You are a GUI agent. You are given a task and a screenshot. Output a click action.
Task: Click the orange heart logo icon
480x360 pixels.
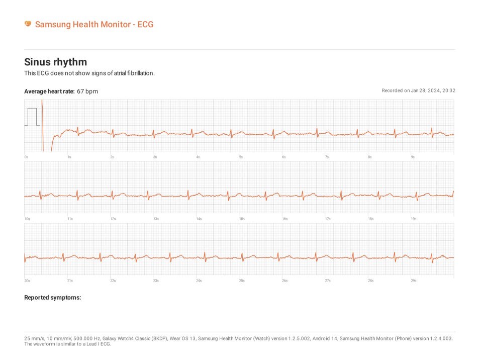click(x=28, y=24)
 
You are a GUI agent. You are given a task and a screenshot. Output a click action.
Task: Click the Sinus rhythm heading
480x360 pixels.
click(x=55, y=62)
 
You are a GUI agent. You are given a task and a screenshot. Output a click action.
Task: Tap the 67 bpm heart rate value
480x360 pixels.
click(x=87, y=91)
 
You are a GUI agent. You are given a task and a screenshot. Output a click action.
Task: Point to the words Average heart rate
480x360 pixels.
click(x=49, y=91)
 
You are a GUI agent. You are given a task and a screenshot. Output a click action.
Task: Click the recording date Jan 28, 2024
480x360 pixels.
click(x=425, y=91)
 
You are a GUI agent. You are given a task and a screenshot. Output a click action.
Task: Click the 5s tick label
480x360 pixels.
click(x=241, y=157)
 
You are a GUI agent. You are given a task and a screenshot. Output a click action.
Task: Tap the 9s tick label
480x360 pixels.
click(x=413, y=157)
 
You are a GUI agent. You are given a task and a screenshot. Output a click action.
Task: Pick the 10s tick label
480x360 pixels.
click(x=27, y=219)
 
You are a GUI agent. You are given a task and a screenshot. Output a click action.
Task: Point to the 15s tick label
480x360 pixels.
click(x=242, y=219)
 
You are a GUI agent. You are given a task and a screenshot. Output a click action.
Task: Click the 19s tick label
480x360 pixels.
click(x=414, y=219)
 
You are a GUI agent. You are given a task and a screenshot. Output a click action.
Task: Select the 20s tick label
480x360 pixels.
click(x=27, y=281)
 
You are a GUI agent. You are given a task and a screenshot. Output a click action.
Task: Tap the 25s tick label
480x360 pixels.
click(x=242, y=281)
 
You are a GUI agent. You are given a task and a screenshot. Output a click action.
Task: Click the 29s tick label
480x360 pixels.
click(x=414, y=281)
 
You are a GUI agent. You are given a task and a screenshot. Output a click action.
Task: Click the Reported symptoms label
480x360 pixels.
click(x=52, y=298)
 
